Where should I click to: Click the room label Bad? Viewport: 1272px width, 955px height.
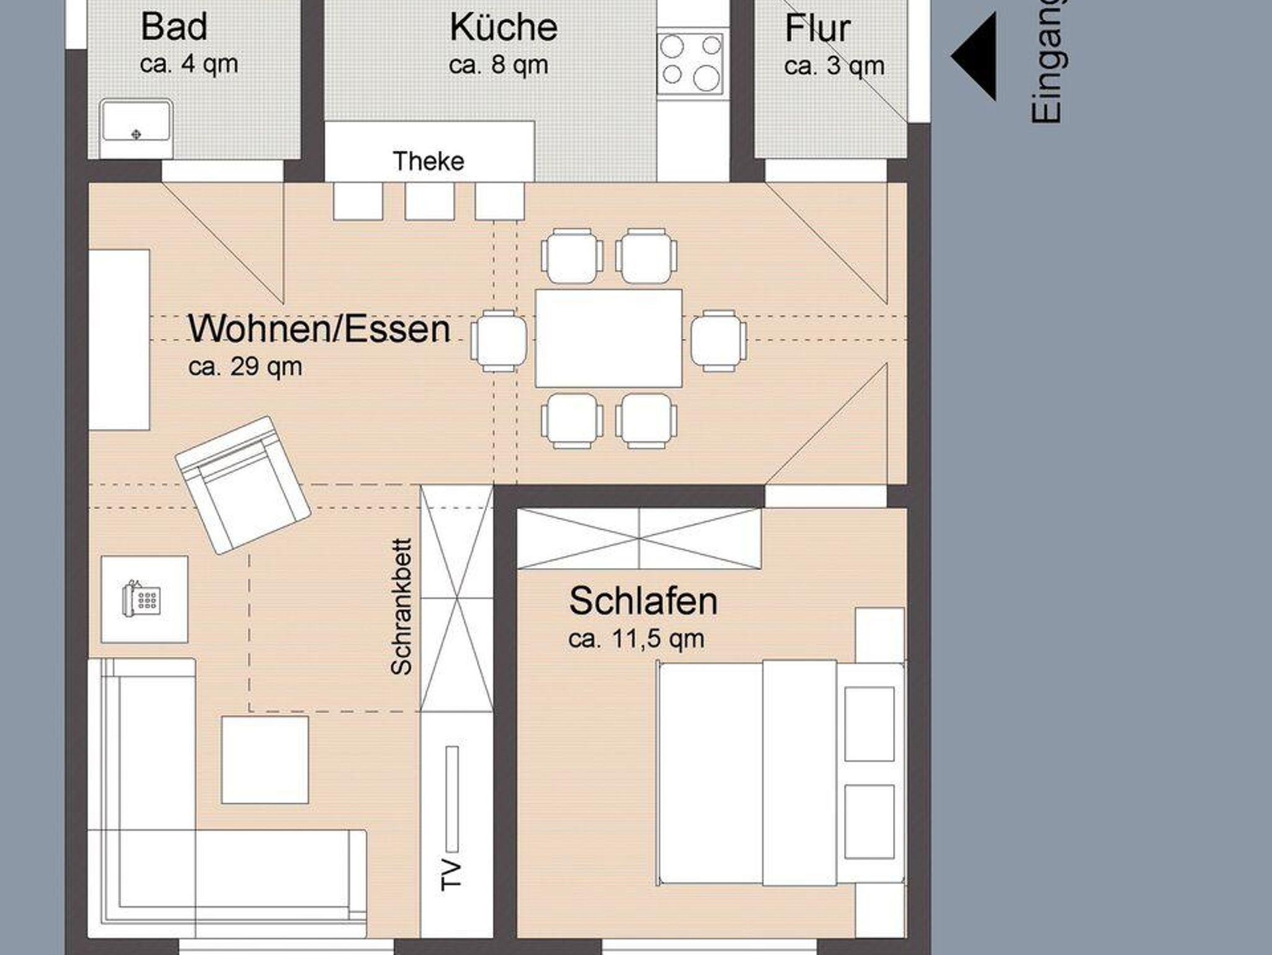(x=174, y=27)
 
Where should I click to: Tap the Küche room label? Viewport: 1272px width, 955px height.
(x=503, y=27)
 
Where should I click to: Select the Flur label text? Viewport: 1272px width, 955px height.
(x=817, y=29)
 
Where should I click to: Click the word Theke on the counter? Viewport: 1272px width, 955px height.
(x=429, y=161)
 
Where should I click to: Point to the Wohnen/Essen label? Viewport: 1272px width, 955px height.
(x=319, y=329)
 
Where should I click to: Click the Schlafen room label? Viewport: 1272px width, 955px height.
(x=643, y=601)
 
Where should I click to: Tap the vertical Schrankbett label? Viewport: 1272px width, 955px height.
(x=402, y=607)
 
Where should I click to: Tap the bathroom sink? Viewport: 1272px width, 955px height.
(x=136, y=120)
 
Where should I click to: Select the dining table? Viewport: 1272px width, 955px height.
(x=609, y=338)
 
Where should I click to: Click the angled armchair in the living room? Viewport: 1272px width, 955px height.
(x=243, y=484)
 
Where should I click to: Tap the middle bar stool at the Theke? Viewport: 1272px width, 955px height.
(x=430, y=201)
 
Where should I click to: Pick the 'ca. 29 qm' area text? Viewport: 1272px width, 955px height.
(x=245, y=367)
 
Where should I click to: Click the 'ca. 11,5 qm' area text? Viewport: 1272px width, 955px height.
(x=637, y=639)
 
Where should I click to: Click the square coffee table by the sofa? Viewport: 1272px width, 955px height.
(x=265, y=759)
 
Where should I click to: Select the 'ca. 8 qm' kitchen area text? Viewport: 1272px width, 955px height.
(x=499, y=65)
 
